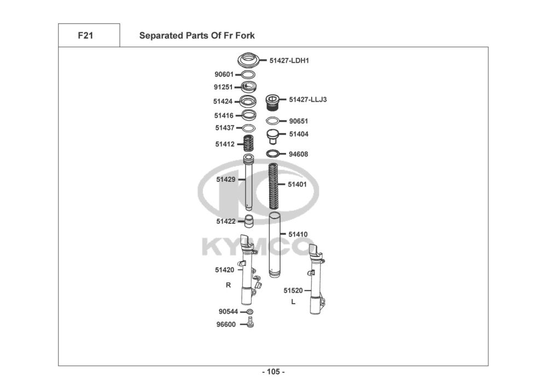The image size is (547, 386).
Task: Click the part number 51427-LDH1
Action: tap(289, 61)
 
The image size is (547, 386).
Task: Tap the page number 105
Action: tap(273, 372)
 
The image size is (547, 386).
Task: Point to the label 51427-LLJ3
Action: tap(308, 99)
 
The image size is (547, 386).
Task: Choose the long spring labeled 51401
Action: tap(273, 186)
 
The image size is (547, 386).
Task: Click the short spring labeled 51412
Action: tap(249, 145)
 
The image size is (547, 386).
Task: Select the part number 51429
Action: tap(225, 179)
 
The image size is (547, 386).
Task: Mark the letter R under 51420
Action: tap(228, 285)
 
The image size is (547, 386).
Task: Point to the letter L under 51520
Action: tap(293, 301)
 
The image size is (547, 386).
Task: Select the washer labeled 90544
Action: tap(250, 311)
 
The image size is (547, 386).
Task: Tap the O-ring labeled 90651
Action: tap(273, 121)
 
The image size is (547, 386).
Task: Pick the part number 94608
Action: tap(298, 155)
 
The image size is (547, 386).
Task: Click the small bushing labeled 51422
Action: tap(249, 222)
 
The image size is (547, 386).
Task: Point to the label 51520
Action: tap(293, 290)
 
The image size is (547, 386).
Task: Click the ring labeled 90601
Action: tap(248, 74)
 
